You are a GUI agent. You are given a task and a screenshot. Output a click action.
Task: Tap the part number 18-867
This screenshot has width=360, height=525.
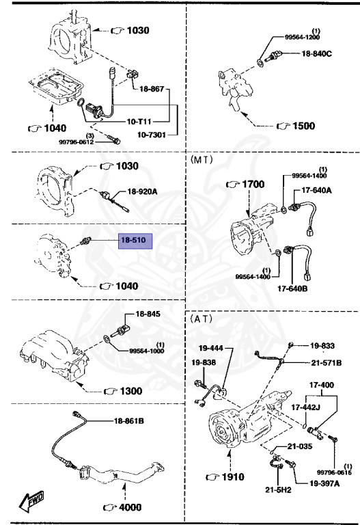tap(152, 89)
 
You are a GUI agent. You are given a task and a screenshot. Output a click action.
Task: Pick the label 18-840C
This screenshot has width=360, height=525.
tap(316, 53)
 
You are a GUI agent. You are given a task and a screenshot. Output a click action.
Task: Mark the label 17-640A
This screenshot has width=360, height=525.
tap(317, 190)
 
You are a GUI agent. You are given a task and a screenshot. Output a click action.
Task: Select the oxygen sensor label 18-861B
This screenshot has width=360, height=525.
tap(128, 420)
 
